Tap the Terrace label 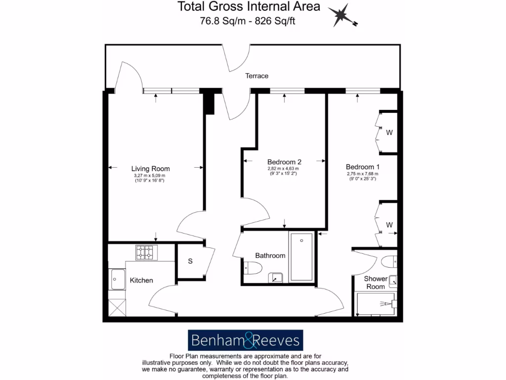[257, 76]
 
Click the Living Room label [150, 168]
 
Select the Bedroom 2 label [284, 162]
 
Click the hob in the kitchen [146, 252]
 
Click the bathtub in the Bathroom [301, 257]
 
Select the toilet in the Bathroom [253, 268]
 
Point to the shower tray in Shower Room [375, 304]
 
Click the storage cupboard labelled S [190, 262]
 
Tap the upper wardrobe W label [389, 133]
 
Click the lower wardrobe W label [389, 225]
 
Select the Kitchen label [141, 281]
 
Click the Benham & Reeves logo [245, 340]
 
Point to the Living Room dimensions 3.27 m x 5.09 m [150, 176]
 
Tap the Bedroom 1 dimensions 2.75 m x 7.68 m [363, 174]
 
